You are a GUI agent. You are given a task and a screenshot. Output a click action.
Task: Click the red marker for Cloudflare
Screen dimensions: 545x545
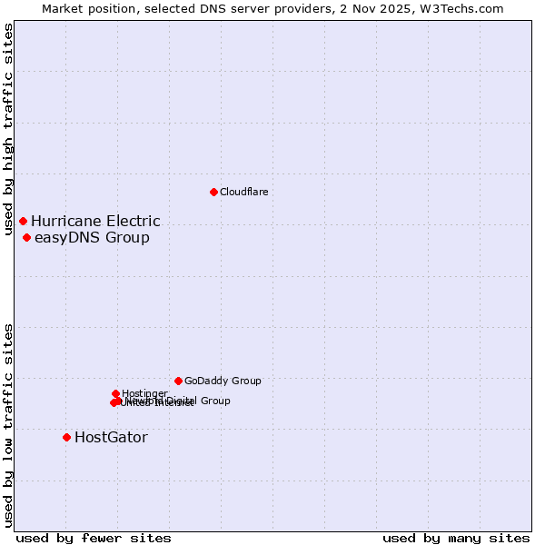point(213,192)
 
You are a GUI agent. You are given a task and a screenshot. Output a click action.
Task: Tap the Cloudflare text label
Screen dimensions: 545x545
point(243,192)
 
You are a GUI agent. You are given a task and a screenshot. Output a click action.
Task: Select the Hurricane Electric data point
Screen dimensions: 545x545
point(23,221)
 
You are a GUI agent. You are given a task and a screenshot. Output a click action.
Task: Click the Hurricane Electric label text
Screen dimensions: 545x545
point(95,221)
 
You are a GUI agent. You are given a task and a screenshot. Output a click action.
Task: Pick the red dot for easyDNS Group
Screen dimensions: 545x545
point(26,237)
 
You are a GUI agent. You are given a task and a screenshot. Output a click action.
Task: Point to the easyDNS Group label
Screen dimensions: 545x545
point(92,238)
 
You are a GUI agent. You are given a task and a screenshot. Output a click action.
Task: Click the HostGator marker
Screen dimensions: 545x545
point(66,437)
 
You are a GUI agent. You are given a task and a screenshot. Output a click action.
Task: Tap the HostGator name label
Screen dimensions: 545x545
point(111,438)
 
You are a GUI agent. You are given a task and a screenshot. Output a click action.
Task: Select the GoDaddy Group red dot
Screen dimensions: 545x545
point(178,381)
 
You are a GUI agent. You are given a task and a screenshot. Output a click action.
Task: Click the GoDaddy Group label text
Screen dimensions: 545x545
point(223,381)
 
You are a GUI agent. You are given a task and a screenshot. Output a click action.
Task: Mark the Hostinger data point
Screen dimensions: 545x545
point(115,393)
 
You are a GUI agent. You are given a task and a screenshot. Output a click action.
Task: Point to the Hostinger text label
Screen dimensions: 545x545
point(144,393)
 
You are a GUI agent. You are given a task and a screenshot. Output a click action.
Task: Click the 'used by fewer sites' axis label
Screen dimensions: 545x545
point(94,538)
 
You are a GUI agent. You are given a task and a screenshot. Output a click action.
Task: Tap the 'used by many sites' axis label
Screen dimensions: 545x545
point(456,538)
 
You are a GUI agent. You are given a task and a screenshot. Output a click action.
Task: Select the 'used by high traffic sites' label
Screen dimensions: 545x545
point(9,129)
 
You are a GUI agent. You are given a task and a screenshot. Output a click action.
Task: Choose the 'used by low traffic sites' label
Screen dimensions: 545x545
point(9,424)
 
